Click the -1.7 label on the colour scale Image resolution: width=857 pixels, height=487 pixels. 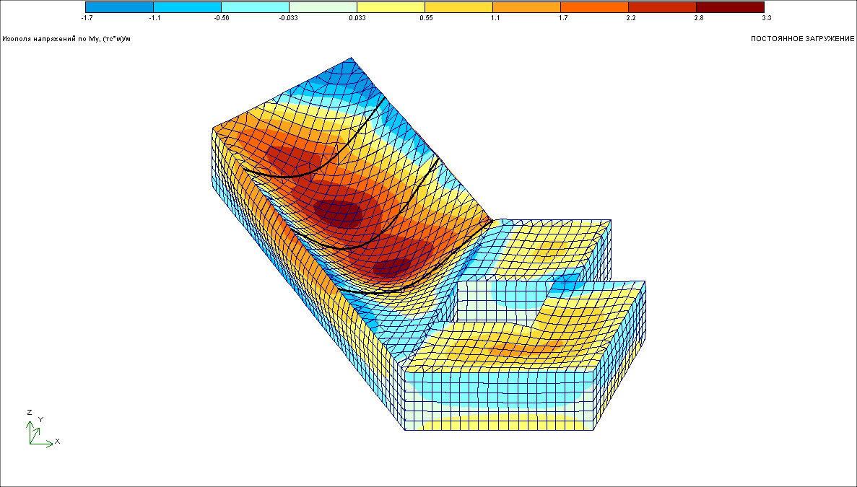coord(87,18)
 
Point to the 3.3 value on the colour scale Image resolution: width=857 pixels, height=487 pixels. coord(766,18)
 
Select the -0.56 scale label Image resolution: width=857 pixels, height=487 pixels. coord(222,18)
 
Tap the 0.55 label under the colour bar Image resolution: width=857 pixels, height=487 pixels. coord(426,18)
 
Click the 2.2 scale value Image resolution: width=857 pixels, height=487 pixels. coord(631,18)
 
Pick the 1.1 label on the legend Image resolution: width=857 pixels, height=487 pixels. coord(495,18)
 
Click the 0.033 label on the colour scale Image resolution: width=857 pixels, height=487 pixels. coord(357,18)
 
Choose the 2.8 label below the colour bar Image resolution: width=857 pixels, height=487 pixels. coord(698,18)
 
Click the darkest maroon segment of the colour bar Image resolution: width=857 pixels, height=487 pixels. coord(730,7)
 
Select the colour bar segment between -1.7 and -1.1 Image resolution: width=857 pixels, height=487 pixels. coord(120,7)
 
